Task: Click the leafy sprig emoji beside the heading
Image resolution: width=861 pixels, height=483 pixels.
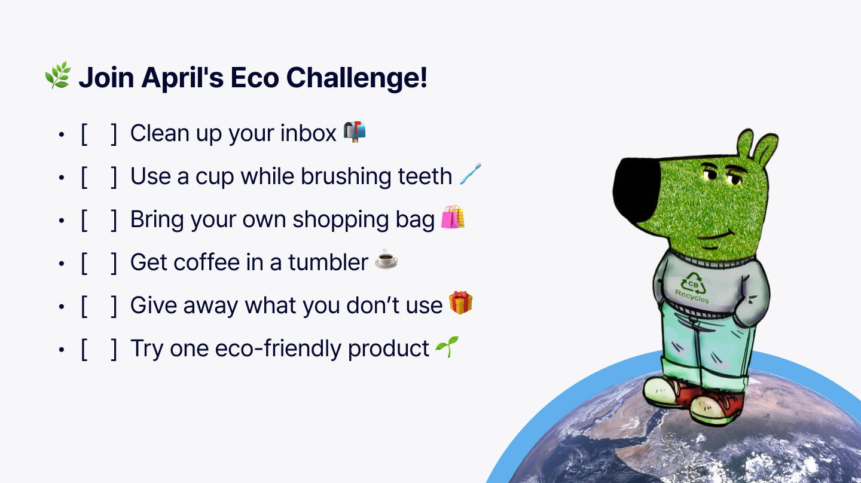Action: point(58,75)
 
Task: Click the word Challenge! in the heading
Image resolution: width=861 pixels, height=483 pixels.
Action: point(357,78)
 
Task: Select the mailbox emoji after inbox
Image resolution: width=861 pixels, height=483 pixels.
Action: point(355,132)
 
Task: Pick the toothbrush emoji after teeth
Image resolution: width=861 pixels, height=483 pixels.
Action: point(470,174)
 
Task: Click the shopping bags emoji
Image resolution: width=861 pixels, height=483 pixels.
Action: point(453,217)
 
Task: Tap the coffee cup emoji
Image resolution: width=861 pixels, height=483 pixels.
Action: point(386,260)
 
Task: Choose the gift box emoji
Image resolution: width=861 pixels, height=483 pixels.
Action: point(460,303)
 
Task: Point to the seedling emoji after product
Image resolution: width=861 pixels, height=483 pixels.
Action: point(447,347)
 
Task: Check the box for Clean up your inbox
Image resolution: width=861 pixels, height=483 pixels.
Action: point(99,134)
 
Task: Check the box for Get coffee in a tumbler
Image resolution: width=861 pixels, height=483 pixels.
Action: point(99,263)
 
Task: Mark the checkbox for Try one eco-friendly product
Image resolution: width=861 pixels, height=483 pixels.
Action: point(99,349)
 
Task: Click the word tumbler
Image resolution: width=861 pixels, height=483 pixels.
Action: point(328,262)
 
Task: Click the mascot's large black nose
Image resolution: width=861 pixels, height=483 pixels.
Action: point(637,190)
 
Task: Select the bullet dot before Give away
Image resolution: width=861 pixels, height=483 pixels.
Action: point(61,307)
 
